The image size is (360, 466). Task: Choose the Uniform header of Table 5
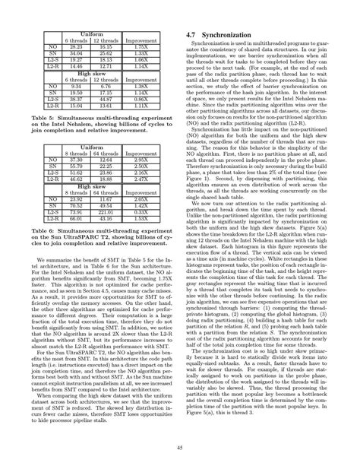pos(92,34)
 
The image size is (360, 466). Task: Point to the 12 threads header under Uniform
pos(106,40)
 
